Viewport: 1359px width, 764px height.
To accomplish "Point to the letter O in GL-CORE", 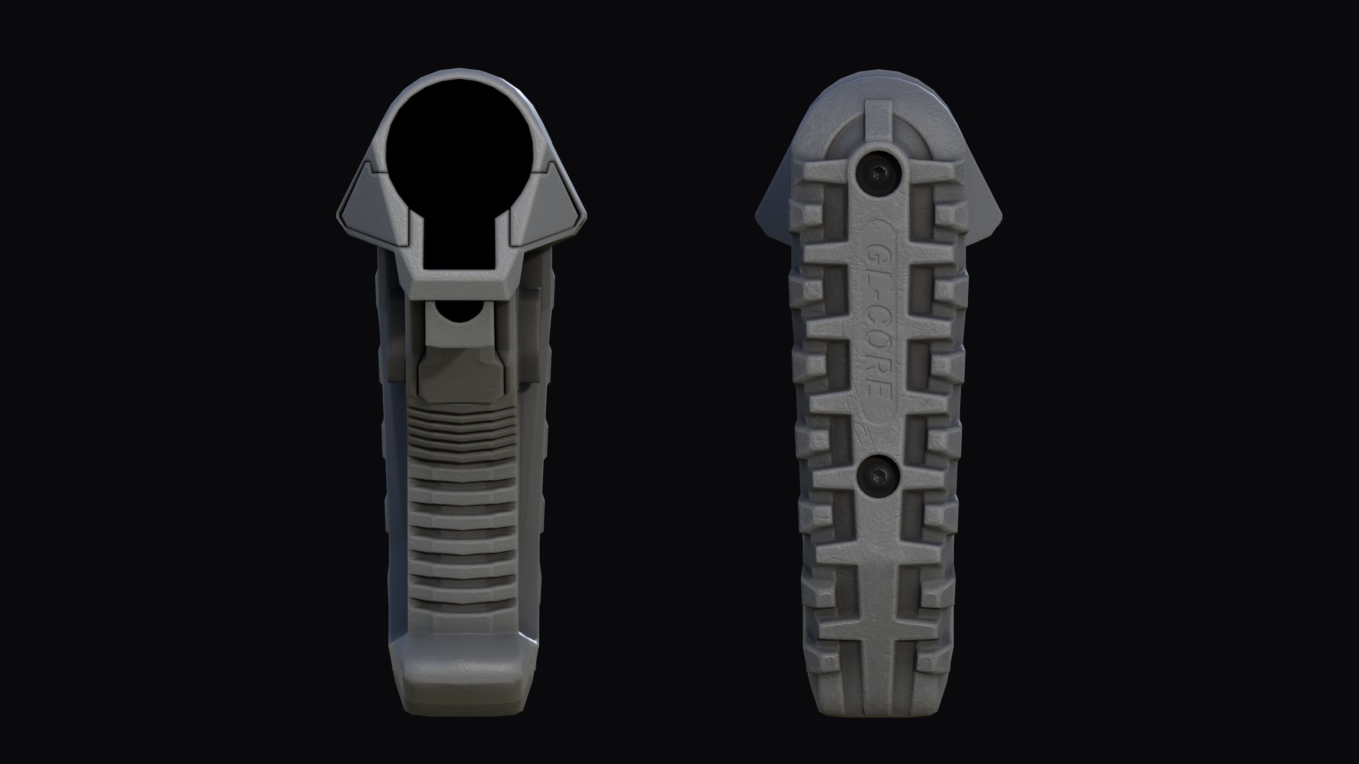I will pyautogui.click(x=878, y=344).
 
